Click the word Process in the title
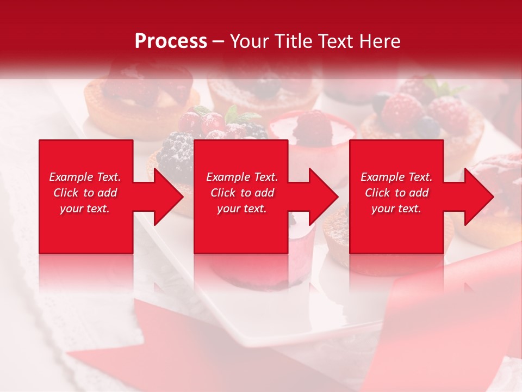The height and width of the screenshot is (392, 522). (x=171, y=41)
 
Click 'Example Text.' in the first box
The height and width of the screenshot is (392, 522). (x=85, y=177)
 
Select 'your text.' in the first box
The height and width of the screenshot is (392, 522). (x=85, y=209)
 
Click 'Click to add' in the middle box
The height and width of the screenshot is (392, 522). (x=242, y=193)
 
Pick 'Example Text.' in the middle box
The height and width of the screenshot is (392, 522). (x=242, y=177)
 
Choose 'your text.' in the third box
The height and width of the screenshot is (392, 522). (x=396, y=209)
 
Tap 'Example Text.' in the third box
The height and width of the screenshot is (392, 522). (x=396, y=177)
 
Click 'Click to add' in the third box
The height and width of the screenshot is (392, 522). (x=396, y=193)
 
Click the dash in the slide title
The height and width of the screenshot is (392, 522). (x=219, y=41)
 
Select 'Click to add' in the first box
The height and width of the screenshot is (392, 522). (x=85, y=193)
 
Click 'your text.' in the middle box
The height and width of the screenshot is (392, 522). (x=242, y=209)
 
